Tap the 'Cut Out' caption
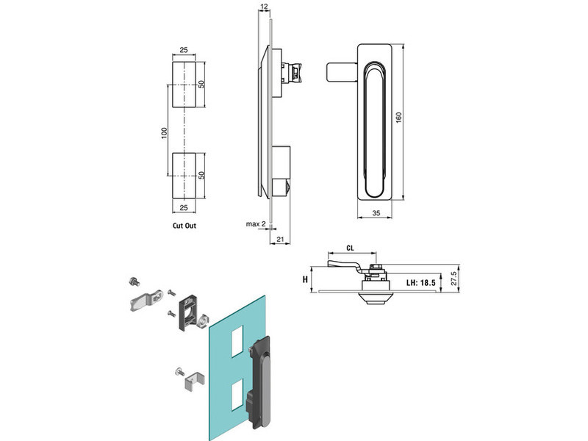click(x=184, y=226)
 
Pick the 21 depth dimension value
click(x=282, y=238)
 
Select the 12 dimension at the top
click(x=264, y=7)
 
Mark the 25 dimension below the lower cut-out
click(x=184, y=209)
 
